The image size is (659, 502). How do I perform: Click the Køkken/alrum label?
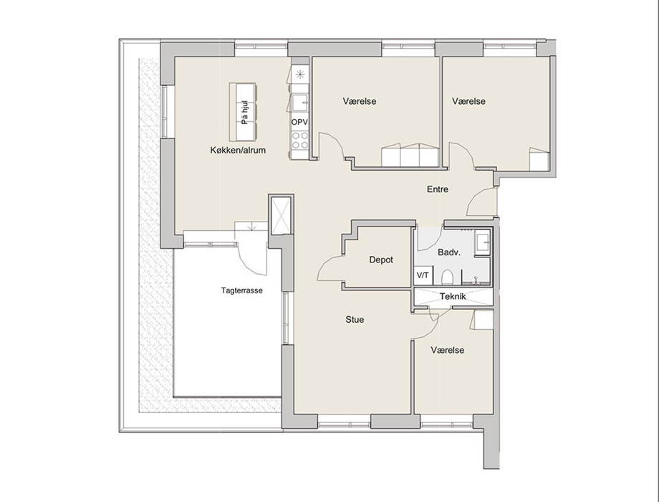[x=238, y=150]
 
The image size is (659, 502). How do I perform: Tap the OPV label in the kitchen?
[x=299, y=122]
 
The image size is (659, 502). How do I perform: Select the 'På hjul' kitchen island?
[x=243, y=112]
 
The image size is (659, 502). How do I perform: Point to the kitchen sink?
[x=301, y=101]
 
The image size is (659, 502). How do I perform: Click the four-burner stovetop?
[x=300, y=140]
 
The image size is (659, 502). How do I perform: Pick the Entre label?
[x=438, y=189]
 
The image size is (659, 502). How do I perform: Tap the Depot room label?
[x=381, y=260]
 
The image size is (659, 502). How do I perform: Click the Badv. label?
[x=449, y=252]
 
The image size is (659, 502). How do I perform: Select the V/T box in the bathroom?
[x=423, y=275]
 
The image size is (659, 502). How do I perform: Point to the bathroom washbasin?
[x=484, y=242]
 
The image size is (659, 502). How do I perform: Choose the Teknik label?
[x=453, y=296]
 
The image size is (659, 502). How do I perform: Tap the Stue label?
[x=355, y=319]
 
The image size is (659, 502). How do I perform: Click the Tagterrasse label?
[x=241, y=290]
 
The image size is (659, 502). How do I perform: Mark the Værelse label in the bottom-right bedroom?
[x=448, y=350]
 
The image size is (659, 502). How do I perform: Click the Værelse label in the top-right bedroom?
[x=468, y=101]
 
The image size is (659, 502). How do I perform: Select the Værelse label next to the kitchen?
[x=360, y=101]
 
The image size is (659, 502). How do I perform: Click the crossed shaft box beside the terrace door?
[x=280, y=215]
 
